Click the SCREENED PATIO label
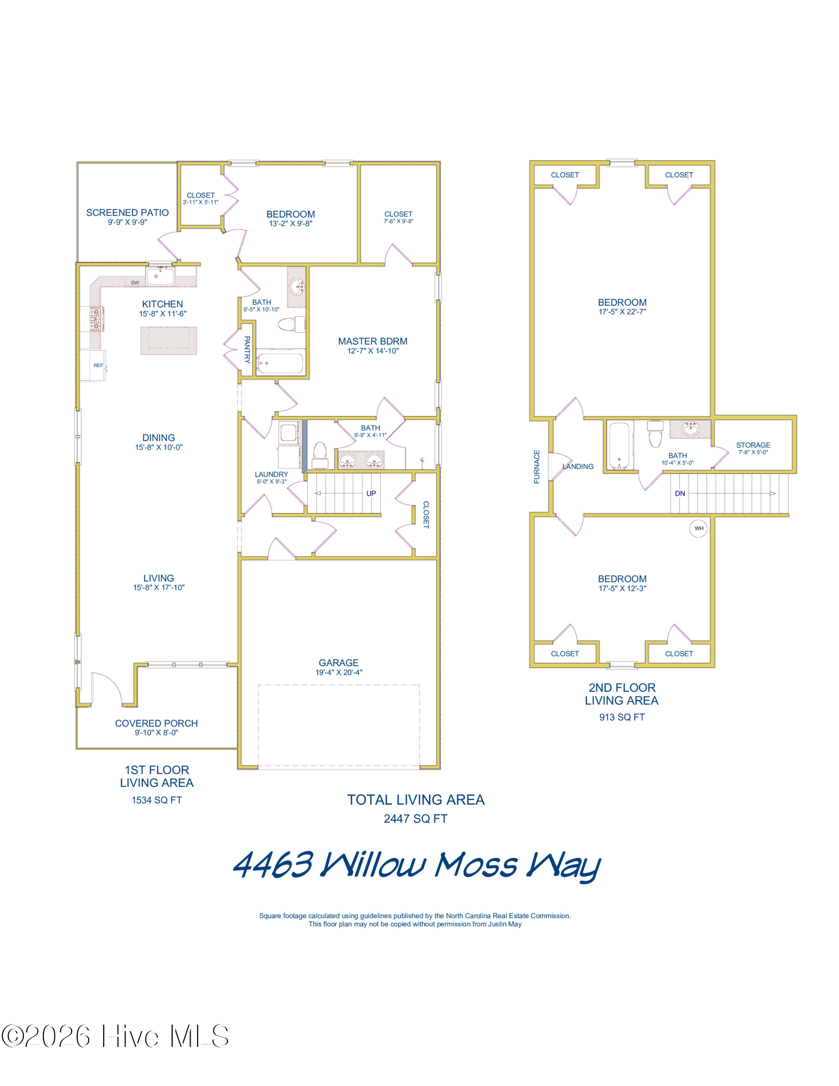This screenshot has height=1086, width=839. point(127,212)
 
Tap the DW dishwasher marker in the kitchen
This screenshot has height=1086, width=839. point(135,282)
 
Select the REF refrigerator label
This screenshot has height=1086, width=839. point(98,365)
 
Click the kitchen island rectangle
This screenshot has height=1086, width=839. point(168,340)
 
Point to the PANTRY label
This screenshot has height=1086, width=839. point(247,349)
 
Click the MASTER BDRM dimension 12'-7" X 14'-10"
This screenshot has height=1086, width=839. point(373,351)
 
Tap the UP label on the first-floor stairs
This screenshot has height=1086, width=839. point(371,493)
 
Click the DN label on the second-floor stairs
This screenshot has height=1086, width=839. point(679,493)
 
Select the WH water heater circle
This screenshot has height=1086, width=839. point(698,528)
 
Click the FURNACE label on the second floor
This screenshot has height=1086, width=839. point(537,466)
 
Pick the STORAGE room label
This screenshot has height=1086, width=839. point(753,445)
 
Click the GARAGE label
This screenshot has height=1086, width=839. point(338,662)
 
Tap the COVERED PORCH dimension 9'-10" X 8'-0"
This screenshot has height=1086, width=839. point(156,733)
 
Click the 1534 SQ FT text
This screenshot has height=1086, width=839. point(156,800)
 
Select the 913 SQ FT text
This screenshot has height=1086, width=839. point(622,717)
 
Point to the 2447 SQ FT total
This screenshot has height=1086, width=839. point(415,818)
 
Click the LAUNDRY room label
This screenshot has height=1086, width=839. point(271,474)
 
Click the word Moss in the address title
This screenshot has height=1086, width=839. point(476,864)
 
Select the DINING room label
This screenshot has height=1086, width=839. point(159,438)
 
